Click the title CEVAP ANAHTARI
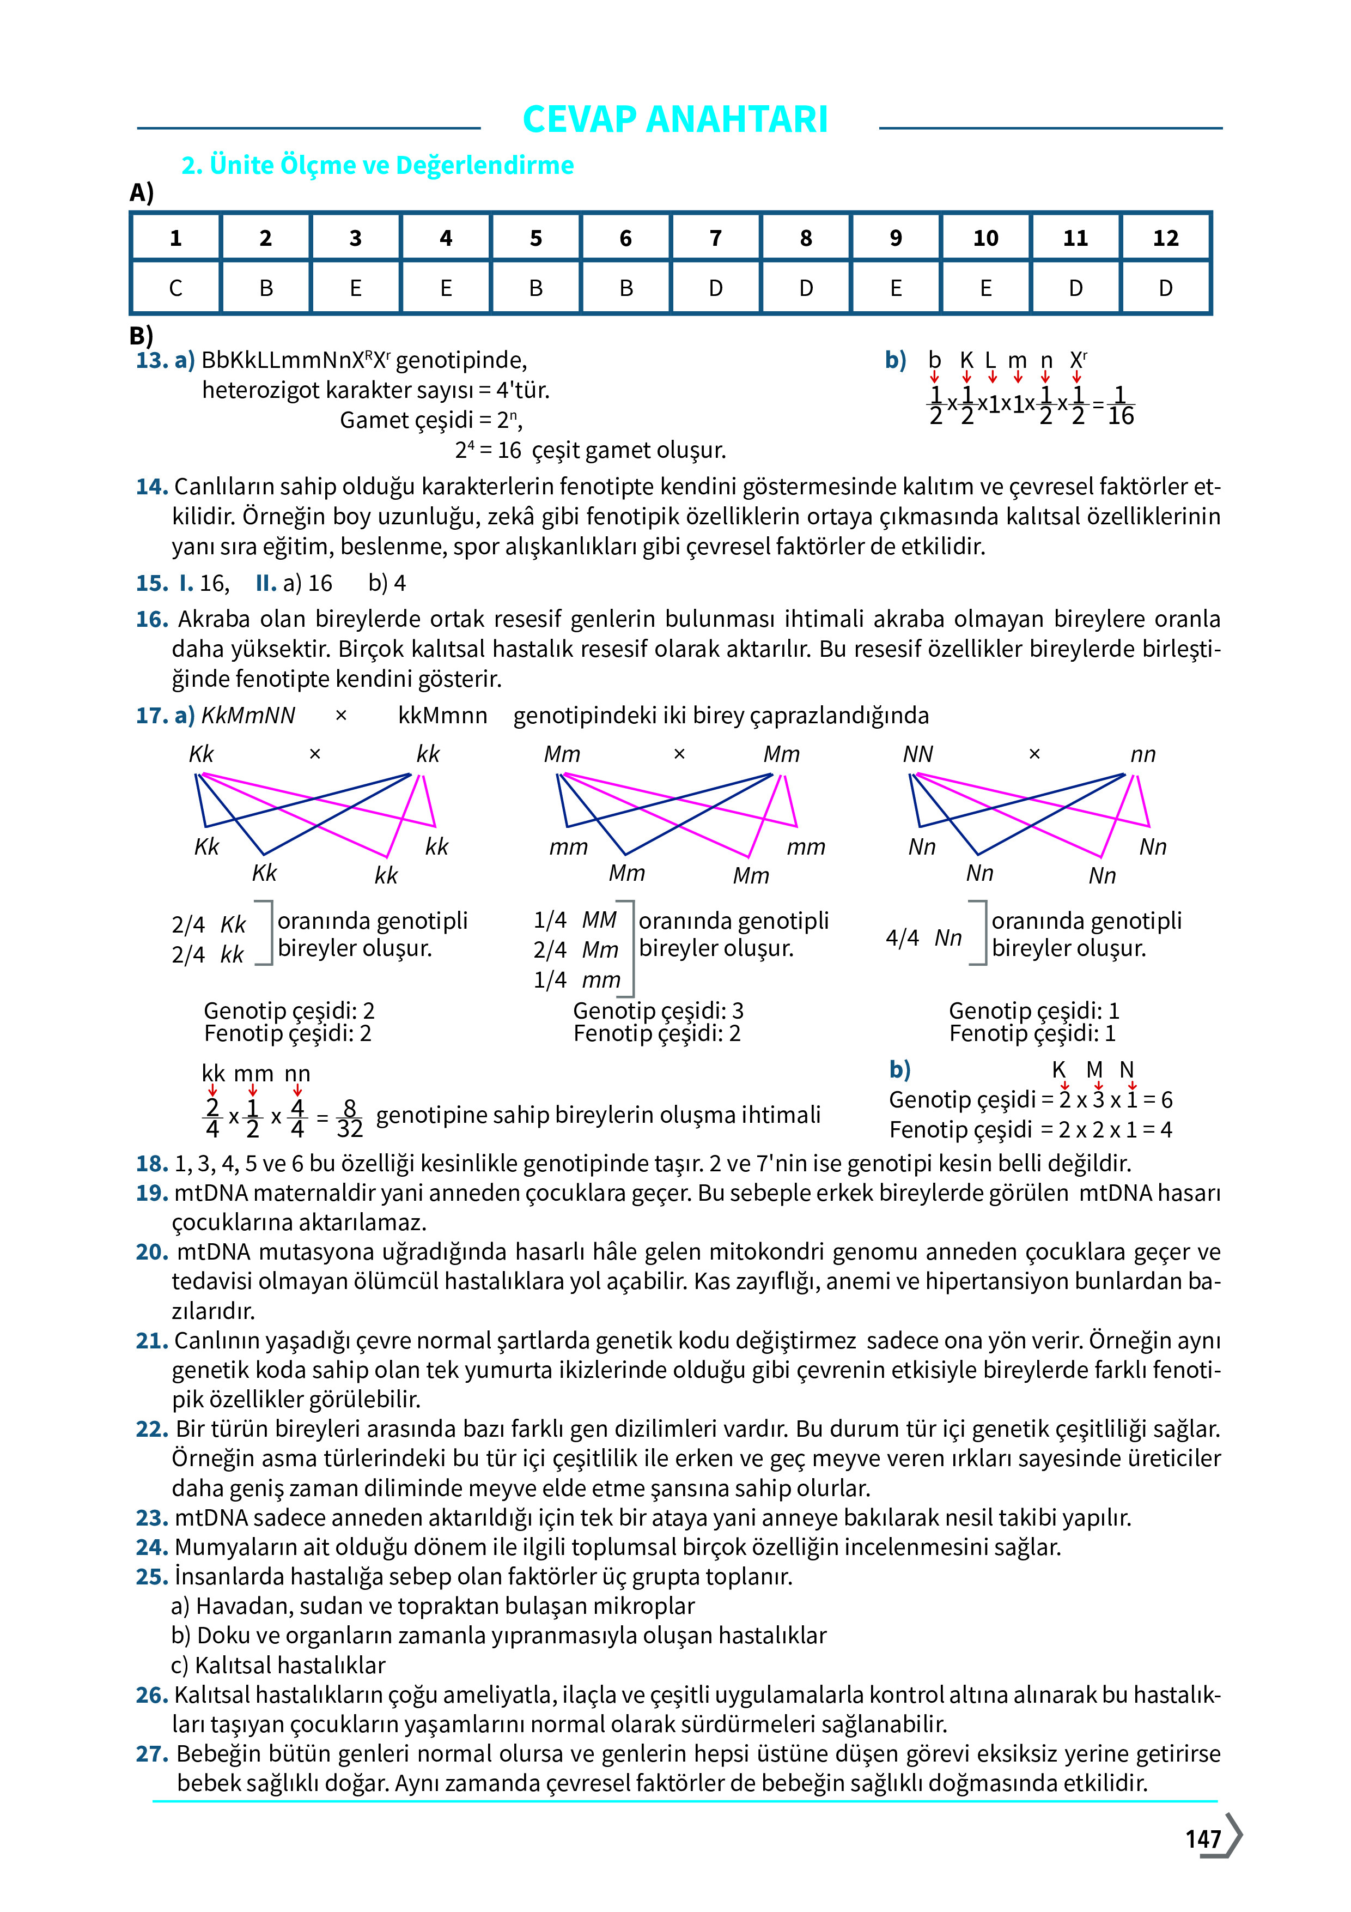point(674,119)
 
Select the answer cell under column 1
point(175,288)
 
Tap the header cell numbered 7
point(715,238)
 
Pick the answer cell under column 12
point(1165,288)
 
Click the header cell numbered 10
point(985,238)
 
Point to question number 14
point(151,486)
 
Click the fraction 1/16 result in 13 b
point(1121,406)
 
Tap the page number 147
point(1203,1839)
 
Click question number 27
point(151,1754)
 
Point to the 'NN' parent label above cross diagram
point(918,754)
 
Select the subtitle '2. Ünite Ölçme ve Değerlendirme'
point(377,165)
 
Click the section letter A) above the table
point(142,193)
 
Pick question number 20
point(151,1251)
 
